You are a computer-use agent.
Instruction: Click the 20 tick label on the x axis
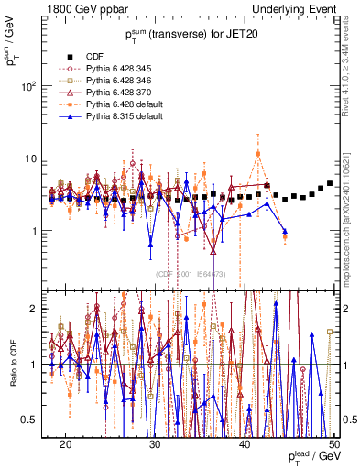(65, 444)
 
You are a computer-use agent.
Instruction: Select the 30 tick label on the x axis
(155, 444)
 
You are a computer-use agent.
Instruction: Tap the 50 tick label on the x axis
(334, 444)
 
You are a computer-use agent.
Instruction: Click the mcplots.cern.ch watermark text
(352, 220)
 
